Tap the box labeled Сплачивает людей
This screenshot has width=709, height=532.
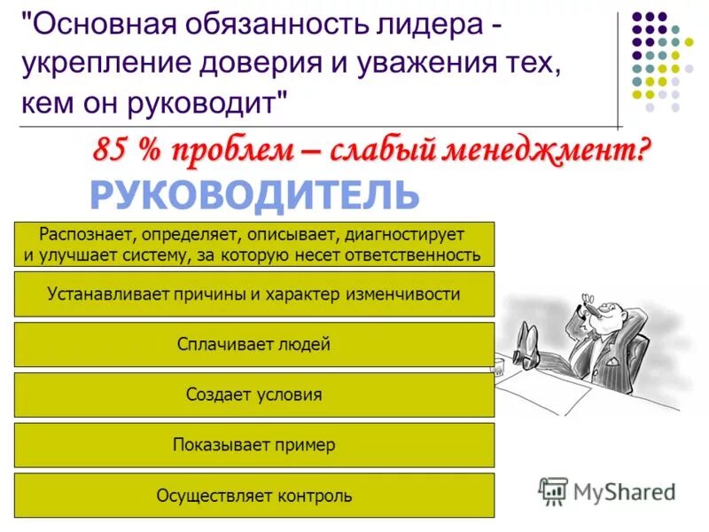(253, 344)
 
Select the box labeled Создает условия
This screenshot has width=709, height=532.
(253, 395)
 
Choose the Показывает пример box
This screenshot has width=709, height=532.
(253, 445)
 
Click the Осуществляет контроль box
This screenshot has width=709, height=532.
(253, 496)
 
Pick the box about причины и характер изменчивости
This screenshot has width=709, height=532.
(253, 294)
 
